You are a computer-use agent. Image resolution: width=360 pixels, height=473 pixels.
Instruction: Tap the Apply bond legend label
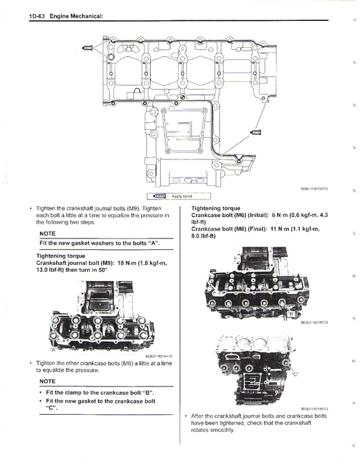point(182,196)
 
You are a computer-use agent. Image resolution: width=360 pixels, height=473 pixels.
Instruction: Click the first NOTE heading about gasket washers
point(48,232)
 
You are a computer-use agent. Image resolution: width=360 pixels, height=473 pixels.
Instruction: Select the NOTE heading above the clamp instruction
point(48,381)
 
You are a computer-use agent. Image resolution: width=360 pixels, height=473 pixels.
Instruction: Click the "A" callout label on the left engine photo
point(53,351)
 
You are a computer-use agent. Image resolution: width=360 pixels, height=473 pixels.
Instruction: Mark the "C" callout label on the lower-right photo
point(294,373)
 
